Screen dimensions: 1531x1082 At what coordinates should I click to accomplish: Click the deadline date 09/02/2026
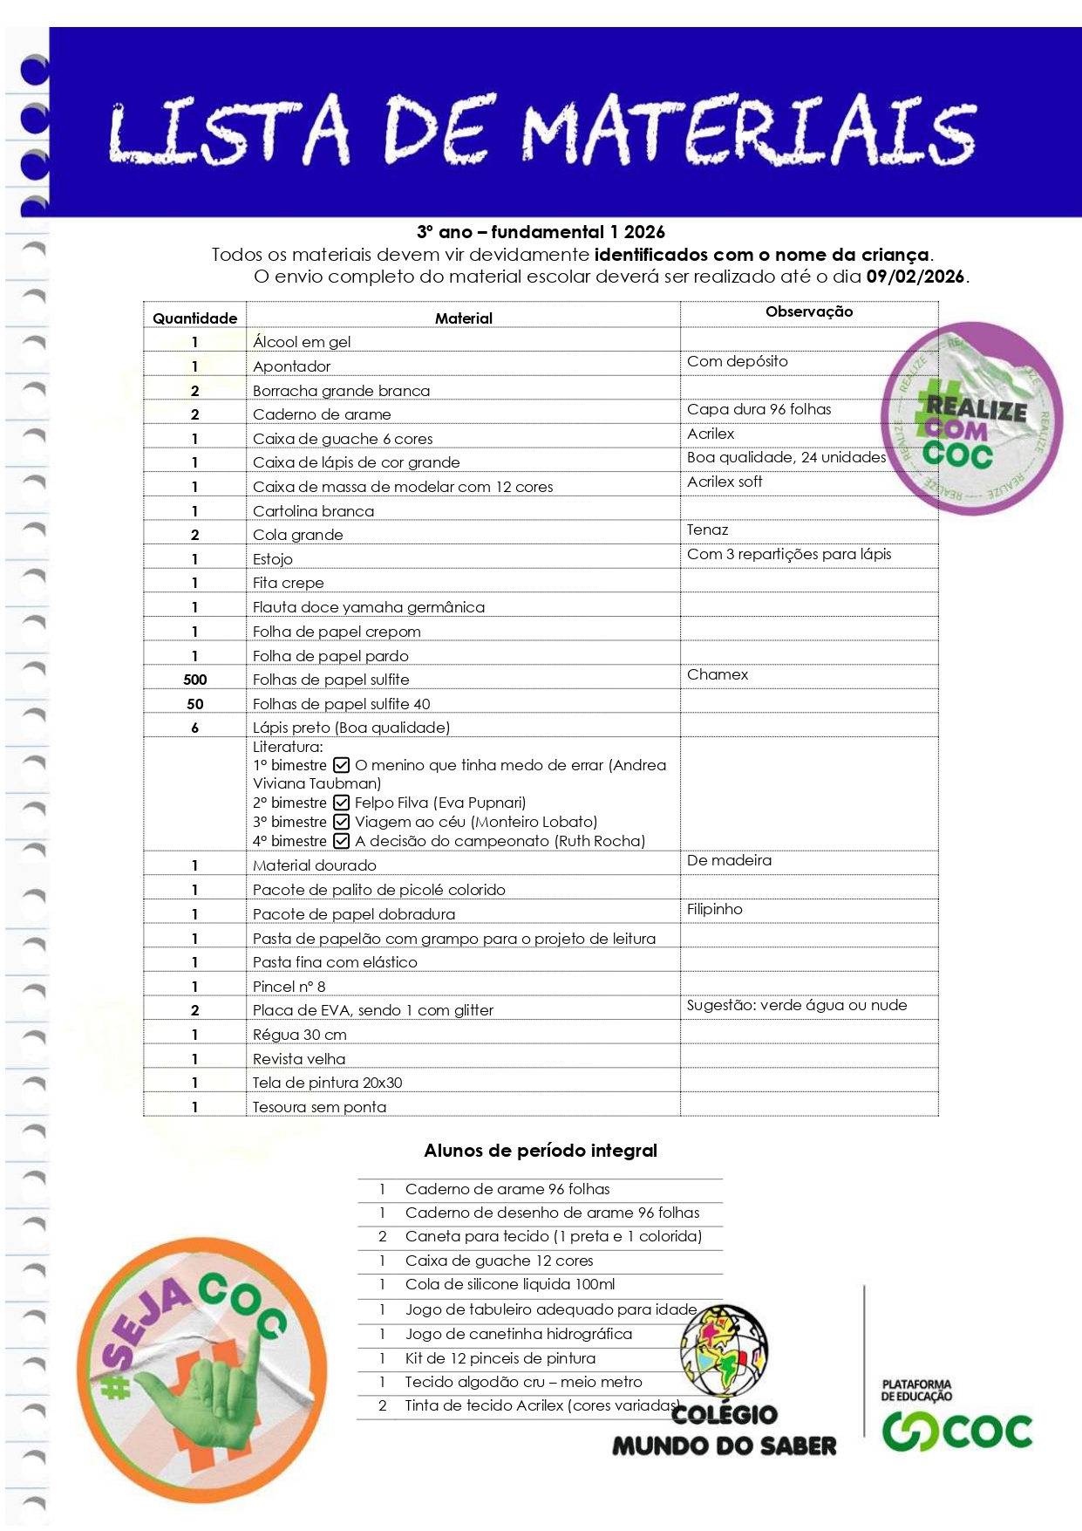click(x=915, y=277)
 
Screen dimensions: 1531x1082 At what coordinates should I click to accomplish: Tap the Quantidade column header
click(x=194, y=318)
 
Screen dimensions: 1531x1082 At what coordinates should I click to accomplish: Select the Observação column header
click(x=809, y=311)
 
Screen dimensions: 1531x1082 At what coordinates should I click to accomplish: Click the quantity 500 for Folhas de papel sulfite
click(x=194, y=680)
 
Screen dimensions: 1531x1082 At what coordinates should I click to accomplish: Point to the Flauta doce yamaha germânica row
click(x=369, y=607)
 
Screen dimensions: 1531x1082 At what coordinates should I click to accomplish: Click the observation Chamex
click(x=718, y=674)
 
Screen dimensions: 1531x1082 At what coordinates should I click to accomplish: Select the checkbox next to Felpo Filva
click(x=342, y=803)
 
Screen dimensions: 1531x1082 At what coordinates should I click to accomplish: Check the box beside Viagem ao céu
click(x=342, y=822)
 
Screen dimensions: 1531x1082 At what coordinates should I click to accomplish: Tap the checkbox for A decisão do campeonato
click(x=342, y=841)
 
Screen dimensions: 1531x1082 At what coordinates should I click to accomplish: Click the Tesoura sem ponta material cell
click(x=319, y=1107)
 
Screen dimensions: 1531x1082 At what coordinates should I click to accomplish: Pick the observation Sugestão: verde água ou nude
click(x=797, y=1005)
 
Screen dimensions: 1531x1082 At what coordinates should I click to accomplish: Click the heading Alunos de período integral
click(x=541, y=1151)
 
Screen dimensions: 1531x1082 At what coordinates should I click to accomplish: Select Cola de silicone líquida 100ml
click(x=510, y=1284)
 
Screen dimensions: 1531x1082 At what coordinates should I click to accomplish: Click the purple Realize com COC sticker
click(x=972, y=419)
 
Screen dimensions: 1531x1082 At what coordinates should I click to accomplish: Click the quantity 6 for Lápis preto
click(x=194, y=728)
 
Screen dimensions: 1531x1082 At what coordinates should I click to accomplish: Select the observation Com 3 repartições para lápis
click(x=789, y=554)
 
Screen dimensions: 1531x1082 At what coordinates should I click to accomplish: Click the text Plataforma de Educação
click(x=916, y=1390)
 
